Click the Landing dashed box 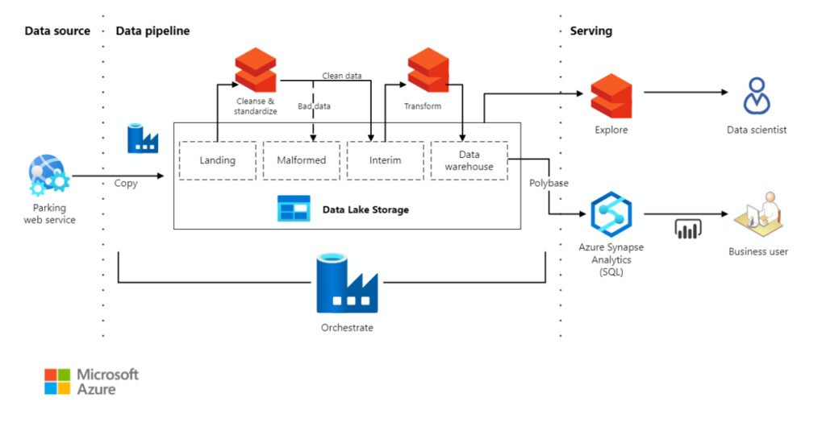tap(217, 160)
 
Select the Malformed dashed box tap(302, 160)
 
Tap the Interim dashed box tap(385, 160)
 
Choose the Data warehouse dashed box tap(469, 160)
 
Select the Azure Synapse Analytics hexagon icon tap(611, 213)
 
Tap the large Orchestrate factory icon tap(346, 283)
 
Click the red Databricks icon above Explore tap(611, 95)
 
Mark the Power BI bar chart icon tap(687, 230)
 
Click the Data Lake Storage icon tap(294, 209)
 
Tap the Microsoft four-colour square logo tap(57, 381)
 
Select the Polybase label tap(549, 183)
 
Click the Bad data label tap(314, 106)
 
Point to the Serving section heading tap(590, 31)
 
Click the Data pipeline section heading tap(152, 31)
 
